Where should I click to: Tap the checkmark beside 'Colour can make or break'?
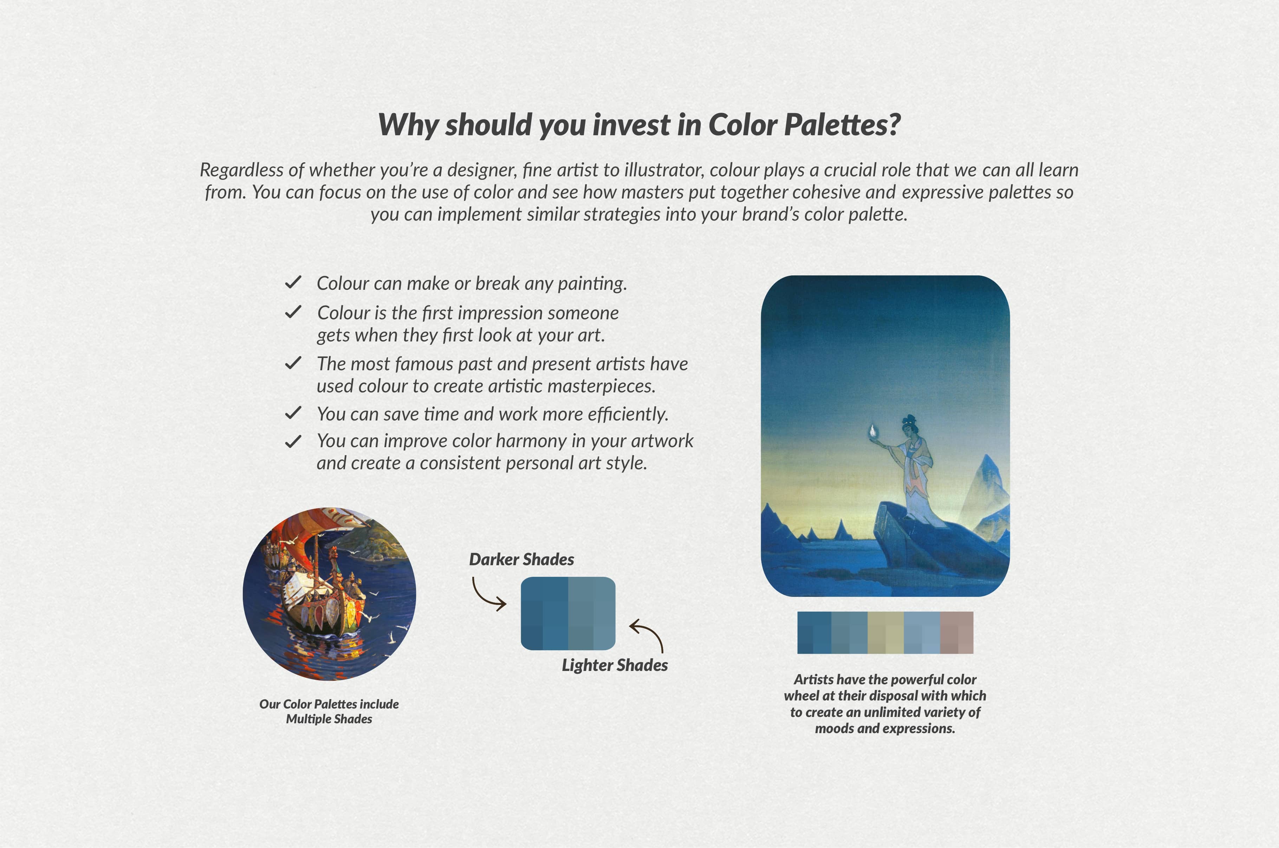pos(293,282)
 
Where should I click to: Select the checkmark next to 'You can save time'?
pos(293,413)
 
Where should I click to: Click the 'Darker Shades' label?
pos(521,559)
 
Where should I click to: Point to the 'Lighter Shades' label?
pos(615,665)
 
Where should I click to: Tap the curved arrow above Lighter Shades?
pos(647,635)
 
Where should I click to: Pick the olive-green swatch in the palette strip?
pos(885,633)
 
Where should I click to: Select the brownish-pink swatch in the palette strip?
pos(957,633)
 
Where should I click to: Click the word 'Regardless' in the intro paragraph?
pos(242,170)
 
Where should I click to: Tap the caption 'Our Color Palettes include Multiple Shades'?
pos(329,711)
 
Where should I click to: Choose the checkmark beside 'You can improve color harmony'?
pos(293,441)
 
